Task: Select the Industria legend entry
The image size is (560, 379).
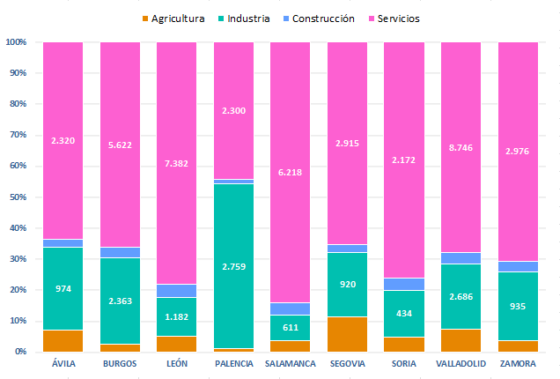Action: pyautogui.click(x=247, y=19)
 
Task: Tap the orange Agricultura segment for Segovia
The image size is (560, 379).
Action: pyautogui.click(x=347, y=334)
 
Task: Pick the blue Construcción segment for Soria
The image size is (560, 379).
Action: pyautogui.click(x=403, y=284)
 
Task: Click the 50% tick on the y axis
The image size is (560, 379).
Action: pyautogui.click(x=17, y=197)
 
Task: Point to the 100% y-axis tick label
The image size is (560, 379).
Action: pyautogui.click(x=15, y=42)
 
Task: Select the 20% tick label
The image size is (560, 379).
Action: pyautogui.click(x=17, y=290)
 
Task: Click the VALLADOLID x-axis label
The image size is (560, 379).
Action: pyautogui.click(x=460, y=363)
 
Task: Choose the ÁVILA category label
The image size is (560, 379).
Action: pyautogui.click(x=63, y=363)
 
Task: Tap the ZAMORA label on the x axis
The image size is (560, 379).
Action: pyautogui.click(x=517, y=363)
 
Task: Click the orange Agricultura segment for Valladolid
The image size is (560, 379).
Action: pyautogui.click(x=460, y=340)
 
